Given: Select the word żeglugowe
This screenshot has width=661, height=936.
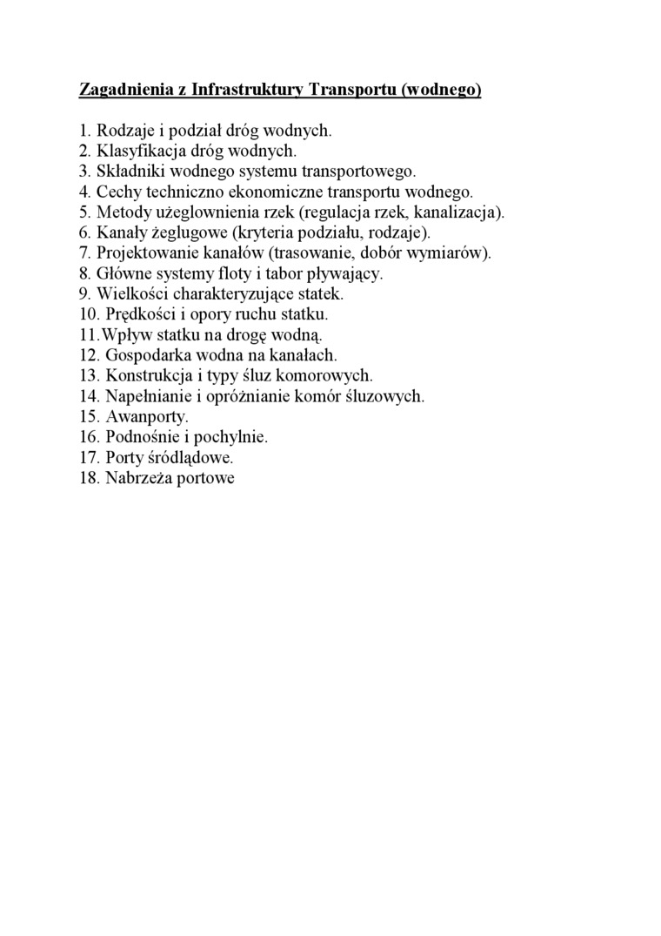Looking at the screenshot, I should [x=189, y=232].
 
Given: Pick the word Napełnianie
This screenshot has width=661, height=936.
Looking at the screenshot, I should [x=149, y=396].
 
